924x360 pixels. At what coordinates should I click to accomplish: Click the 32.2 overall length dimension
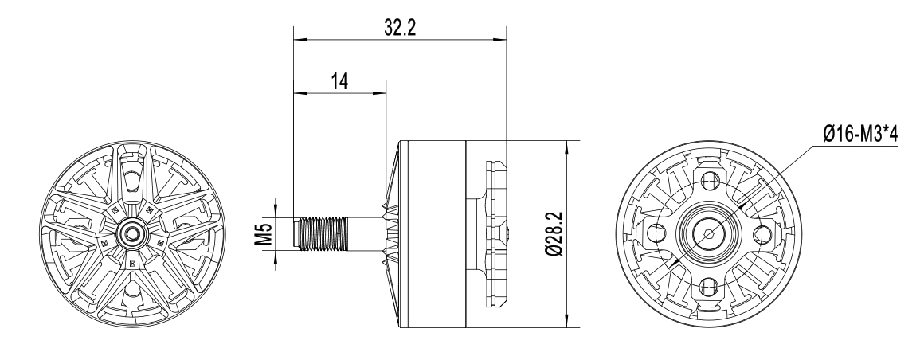coord(400,27)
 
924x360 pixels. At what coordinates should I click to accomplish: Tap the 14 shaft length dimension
coord(339,81)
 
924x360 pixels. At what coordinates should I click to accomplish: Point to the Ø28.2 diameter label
coord(554,234)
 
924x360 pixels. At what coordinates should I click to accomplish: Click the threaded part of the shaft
coord(321,233)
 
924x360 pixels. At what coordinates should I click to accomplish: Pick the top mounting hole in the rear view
coord(709,180)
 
